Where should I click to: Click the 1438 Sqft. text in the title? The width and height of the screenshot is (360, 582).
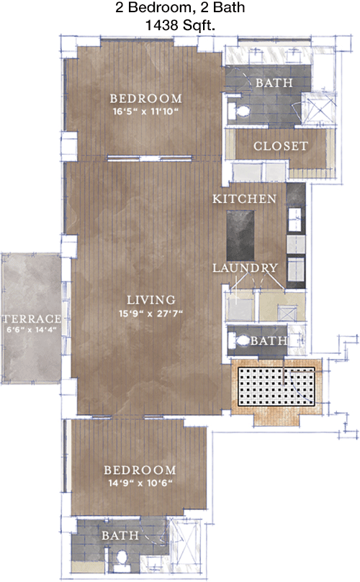pos(180,26)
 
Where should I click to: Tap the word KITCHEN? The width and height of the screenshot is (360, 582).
pos(244,199)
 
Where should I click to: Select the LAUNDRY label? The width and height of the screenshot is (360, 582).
pos(245,268)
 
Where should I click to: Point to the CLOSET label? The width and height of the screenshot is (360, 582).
pos(281,146)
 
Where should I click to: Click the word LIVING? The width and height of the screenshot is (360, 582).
pos(150,300)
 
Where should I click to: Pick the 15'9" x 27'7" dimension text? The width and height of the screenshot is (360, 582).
pos(150,314)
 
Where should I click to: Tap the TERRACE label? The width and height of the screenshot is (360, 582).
pos(32,319)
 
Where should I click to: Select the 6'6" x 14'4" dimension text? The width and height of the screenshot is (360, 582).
pos(32,329)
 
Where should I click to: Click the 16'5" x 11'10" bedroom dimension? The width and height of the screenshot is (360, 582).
pos(145,112)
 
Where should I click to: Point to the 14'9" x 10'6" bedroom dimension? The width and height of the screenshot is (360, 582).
pos(140,483)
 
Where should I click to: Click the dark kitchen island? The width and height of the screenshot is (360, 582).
pos(240,235)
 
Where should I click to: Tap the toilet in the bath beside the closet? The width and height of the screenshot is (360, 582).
pos(240,111)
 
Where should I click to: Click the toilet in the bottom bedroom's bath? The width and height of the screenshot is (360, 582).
pos(121,558)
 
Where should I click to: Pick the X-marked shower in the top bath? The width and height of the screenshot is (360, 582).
pos(318,108)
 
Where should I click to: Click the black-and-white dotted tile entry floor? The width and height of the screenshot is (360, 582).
pos(276,386)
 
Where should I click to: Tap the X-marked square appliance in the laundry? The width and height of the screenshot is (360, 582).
pos(287,314)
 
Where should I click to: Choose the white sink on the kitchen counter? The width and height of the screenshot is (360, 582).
pos(295,220)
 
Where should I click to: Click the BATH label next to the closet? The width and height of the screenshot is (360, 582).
pos(274,83)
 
